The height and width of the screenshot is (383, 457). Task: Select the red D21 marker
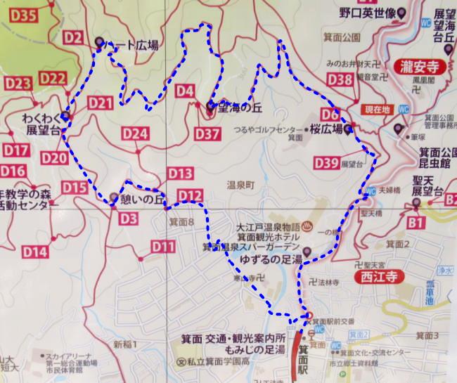pyautogui.click(x=101, y=103)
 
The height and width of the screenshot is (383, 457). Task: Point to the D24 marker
pyautogui.click(x=134, y=133)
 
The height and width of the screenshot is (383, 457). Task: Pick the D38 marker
pyautogui.click(x=340, y=80)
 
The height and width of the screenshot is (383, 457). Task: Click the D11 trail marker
pyautogui.click(x=162, y=246)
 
